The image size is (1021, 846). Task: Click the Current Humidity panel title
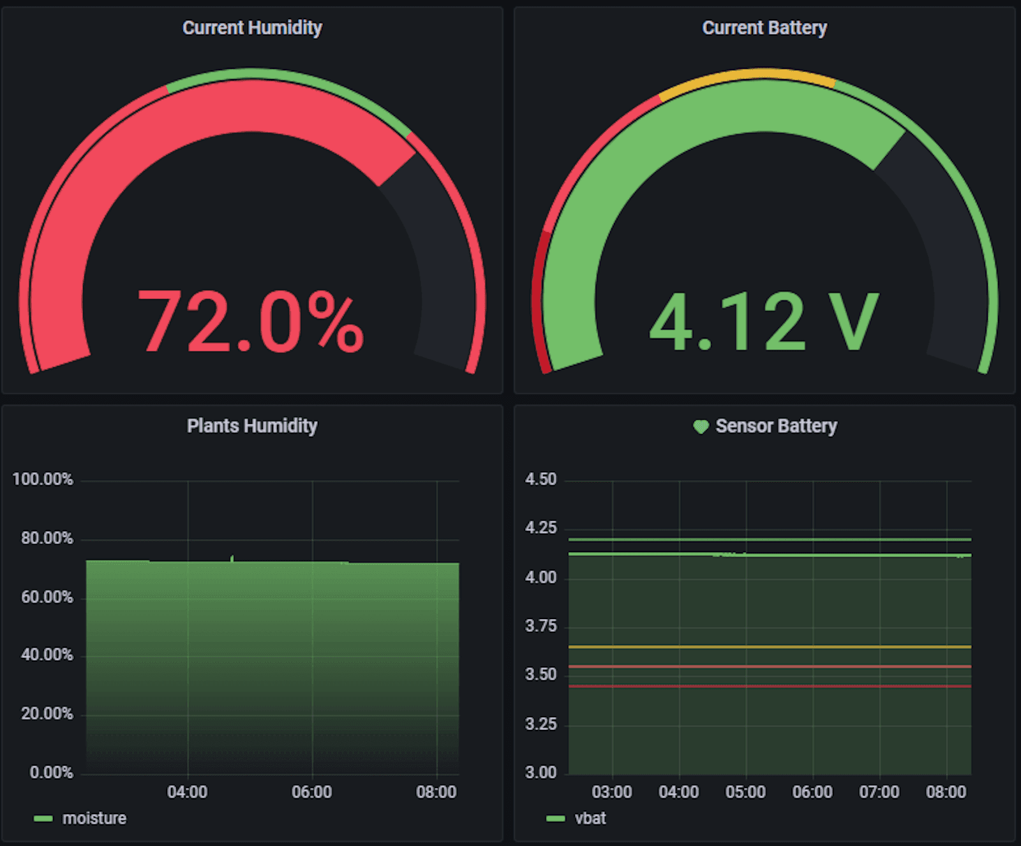[x=252, y=28]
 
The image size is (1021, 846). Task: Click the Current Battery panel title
[x=764, y=28]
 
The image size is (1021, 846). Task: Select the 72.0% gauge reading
[x=251, y=322]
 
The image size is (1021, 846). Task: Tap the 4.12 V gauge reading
[x=764, y=322]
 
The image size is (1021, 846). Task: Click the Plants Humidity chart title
[x=252, y=426]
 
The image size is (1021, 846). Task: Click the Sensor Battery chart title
[x=776, y=426]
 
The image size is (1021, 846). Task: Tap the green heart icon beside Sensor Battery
[x=701, y=427]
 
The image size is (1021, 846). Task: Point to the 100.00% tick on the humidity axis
[x=43, y=479]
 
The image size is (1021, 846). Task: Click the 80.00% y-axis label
[x=47, y=538]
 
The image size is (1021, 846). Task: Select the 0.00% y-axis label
[x=51, y=773]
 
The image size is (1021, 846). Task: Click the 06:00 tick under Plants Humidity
[x=311, y=792]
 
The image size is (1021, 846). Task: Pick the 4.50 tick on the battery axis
[x=540, y=479]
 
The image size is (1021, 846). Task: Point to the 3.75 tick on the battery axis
[x=540, y=626]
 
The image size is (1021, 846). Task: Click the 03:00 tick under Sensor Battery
[x=612, y=792]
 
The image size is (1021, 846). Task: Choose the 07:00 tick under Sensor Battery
[x=879, y=792]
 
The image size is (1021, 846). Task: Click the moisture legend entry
[x=94, y=819]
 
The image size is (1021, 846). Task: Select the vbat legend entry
[x=590, y=819]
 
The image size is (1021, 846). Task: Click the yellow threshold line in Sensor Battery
[x=770, y=647]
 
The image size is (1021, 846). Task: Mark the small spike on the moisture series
[x=232, y=558]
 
